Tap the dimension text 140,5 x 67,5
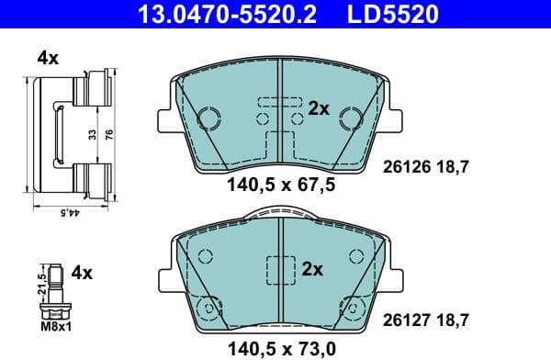(x=280, y=185)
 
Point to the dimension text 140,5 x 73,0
(x=280, y=348)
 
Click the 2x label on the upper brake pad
(x=318, y=108)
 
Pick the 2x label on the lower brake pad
(x=312, y=270)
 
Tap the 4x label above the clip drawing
(x=48, y=59)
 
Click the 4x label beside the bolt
(x=83, y=273)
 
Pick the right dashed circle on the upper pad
(x=350, y=117)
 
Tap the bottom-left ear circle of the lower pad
(x=208, y=308)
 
